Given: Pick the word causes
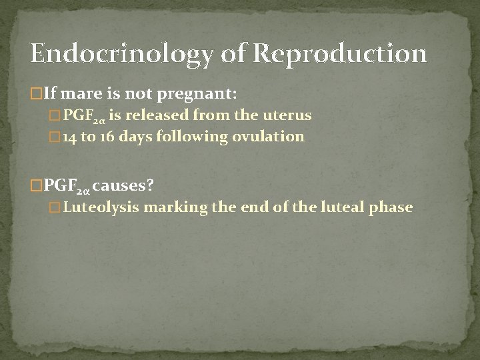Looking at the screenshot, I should pos(129,183).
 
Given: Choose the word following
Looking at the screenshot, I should pos(195,138).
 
